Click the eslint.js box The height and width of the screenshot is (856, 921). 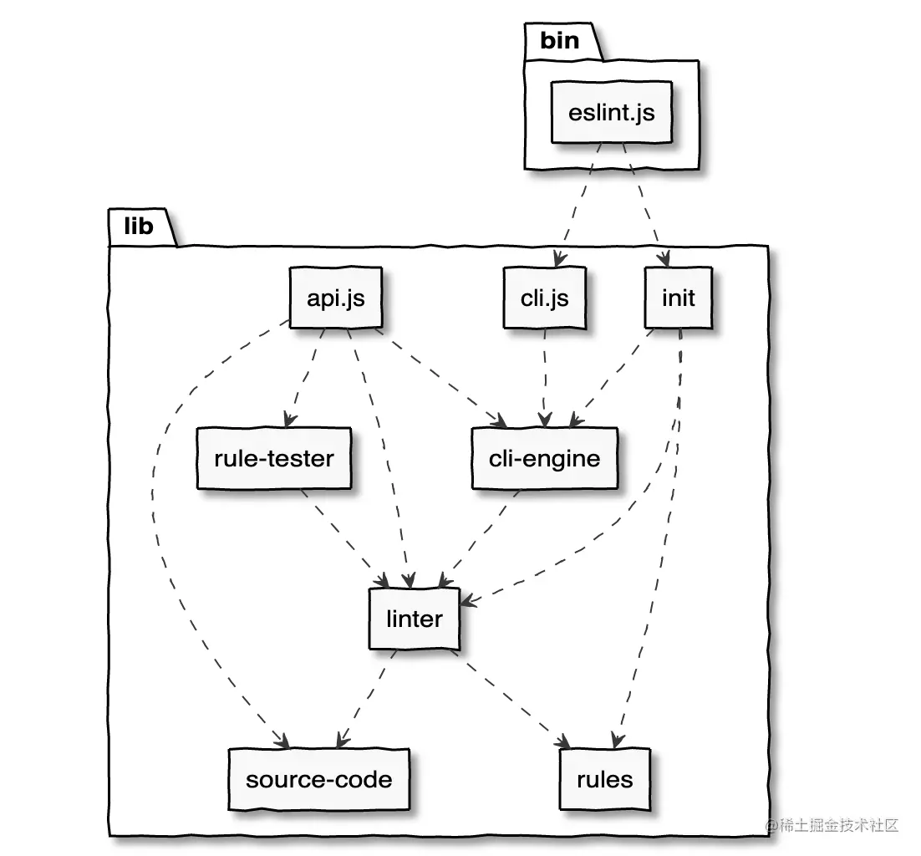point(611,112)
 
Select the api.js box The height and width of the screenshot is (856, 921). point(335,298)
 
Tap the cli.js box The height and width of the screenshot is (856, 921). point(545,298)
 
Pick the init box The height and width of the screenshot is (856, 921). point(679,298)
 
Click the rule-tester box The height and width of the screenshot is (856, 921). point(274,458)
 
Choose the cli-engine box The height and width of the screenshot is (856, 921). point(545,458)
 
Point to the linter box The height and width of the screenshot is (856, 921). point(414,619)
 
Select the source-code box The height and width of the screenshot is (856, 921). point(319,779)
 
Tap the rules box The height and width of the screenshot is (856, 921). point(605,779)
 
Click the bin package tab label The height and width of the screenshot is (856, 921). point(560,40)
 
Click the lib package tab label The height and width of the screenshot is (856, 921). point(139,226)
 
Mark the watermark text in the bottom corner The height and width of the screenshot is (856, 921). point(832,825)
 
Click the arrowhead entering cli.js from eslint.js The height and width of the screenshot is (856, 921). point(558,259)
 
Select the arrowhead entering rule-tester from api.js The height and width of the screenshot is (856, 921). point(289,420)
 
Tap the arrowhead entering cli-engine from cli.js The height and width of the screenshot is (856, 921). point(545,419)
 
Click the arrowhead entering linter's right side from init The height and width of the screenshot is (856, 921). point(468,600)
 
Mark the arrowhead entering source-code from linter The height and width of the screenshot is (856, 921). point(343,741)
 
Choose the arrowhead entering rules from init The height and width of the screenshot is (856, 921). point(616,741)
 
